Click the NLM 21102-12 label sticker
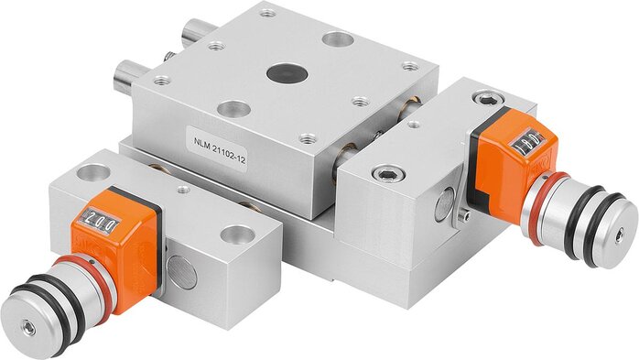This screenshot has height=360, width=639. pyautogui.click(x=219, y=149)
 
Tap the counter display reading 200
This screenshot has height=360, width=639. pyautogui.click(x=100, y=222)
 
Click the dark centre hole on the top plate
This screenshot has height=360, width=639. pyautogui.click(x=287, y=72)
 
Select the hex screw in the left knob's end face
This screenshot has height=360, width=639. pyautogui.click(x=29, y=327)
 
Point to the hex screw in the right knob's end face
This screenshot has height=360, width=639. pyautogui.click(x=620, y=235)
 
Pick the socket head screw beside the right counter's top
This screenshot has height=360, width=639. pyautogui.click(x=487, y=99)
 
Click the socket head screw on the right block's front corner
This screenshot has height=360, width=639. pyautogui.click(x=388, y=174)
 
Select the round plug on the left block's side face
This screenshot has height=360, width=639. pyautogui.click(x=182, y=271)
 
